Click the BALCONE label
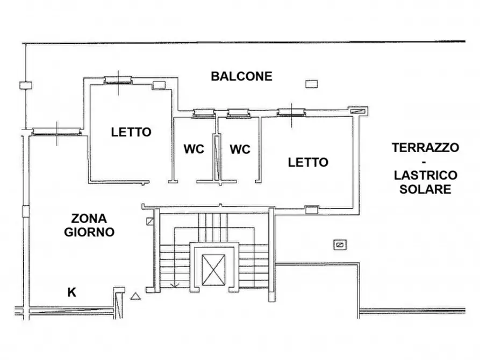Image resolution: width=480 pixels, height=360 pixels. pyautogui.click(x=241, y=76)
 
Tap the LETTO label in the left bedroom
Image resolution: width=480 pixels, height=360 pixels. pyautogui.click(x=131, y=132)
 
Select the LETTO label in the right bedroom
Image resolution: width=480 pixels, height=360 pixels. pyautogui.click(x=308, y=162)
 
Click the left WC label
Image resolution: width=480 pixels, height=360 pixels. pyautogui.click(x=194, y=149)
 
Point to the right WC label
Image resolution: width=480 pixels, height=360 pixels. pyautogui.click(x=240, y=149)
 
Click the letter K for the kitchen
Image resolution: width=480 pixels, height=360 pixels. pyautogui.click(x=71, y=292)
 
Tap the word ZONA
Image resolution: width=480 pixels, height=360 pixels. pyautogui.click(x=89, y=219)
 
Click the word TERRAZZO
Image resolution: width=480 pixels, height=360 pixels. pyautogui.click(x=425, y=147)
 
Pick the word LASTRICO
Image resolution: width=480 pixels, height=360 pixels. pyautogui.click(x=425, y=175)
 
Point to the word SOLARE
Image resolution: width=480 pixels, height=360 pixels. pyautogui.click(x=425, y=189)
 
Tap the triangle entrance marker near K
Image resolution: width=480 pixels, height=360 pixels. pyautogui.click(x=135, y=294)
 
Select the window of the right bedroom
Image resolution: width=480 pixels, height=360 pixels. pyautogui.click(x=292, y=112)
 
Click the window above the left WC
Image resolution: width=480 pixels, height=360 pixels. pyautogui.click(x=203, y=113)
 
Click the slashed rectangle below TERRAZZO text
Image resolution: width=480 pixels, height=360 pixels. pyautogui.click(x=340, y=244)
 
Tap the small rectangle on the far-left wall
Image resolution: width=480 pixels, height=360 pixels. pyautogui.click(x=25, y=84)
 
